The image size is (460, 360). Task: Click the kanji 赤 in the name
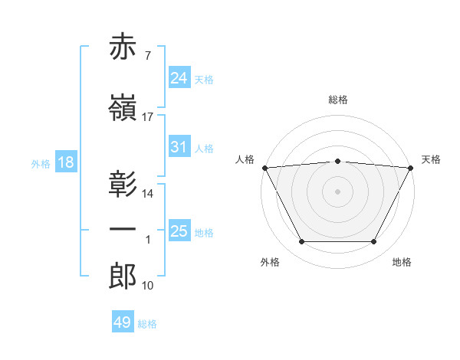[123, 46]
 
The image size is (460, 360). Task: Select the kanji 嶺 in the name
[123, 107]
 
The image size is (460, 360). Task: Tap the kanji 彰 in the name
[123, 184]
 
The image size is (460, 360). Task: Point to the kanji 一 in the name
[123, 229]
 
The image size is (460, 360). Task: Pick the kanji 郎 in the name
[123, 276]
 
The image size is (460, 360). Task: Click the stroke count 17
[147, 117]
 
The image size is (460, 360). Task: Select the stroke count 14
[147, 194]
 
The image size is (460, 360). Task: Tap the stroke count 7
[148, 56]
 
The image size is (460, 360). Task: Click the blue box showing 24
[179, 77]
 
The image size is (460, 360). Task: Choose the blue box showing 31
[179, 146]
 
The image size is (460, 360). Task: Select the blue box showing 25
[179, 230]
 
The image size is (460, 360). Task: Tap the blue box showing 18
[66, 162]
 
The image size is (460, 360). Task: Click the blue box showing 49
[123, 321]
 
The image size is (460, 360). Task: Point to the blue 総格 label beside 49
[147, 324]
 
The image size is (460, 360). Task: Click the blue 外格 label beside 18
[41, 164]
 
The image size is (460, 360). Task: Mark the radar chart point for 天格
[411, 168]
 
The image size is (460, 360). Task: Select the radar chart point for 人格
[265, 168]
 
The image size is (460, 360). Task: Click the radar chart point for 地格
[373, 241]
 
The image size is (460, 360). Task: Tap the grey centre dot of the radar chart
[337, 191]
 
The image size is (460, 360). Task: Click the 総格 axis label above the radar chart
[338, 100]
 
